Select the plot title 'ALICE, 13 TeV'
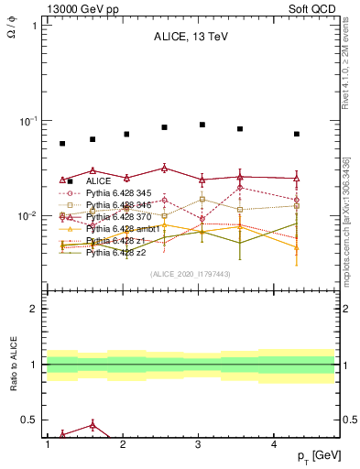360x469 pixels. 190,38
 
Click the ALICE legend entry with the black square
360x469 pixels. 99,181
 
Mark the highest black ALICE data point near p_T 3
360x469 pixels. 202,125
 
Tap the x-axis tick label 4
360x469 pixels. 275,444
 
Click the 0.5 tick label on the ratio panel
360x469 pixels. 30,420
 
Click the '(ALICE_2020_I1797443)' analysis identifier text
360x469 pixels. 190,275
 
